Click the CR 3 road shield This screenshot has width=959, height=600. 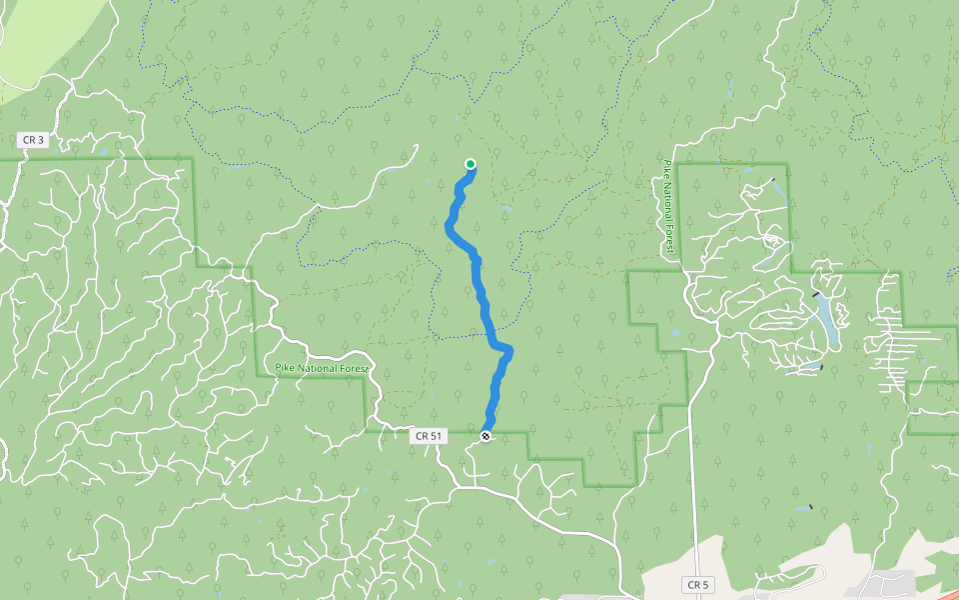tap(32, 140)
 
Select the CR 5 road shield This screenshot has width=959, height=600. tap(697, 583)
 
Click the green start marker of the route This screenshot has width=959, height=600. tap(471, 164)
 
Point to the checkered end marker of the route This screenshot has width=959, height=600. tap(485, 436)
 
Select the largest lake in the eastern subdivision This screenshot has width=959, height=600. tap(826, 320)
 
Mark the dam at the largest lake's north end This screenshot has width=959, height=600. tap(818, 294)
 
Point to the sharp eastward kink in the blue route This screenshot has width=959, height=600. tap(509, 349)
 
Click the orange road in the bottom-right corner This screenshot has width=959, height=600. tap(934, 592)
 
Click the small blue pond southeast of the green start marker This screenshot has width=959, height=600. tap(507, 210)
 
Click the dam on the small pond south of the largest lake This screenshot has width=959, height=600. tap(821, 367)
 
